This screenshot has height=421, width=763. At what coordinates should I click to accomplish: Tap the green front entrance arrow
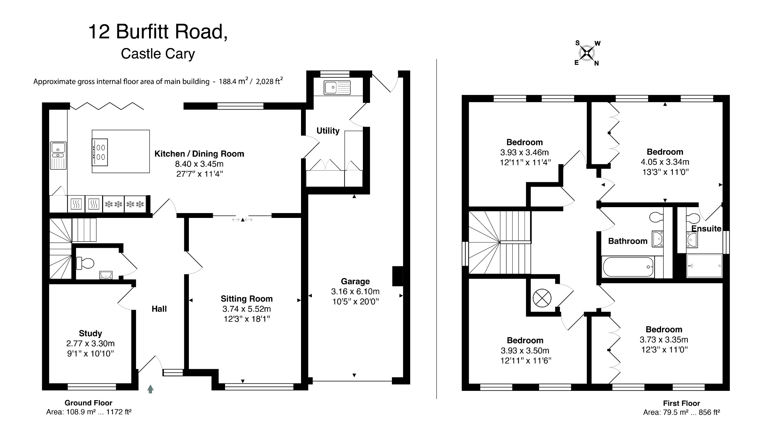click(x=150, y=389)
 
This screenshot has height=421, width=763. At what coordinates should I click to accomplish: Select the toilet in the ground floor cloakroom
click(x=85, y=263)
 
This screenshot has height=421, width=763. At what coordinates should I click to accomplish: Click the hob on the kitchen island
click(x=100, y=152)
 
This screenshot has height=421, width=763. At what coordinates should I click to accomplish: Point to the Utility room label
click(x=328, y=131)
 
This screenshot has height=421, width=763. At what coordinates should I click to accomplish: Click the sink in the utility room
click(x=337, y=88)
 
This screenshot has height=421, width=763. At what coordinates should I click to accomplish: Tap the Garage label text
click(x=355, y=282)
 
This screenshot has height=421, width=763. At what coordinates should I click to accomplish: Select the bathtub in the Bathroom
click(x=628, y=267)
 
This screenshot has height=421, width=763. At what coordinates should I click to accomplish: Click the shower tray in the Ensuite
click(x=704, y=266)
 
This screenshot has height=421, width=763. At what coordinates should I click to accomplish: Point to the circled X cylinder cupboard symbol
click(x=542, y=298)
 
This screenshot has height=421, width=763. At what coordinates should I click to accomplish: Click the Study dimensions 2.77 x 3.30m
click(x=90, y=344)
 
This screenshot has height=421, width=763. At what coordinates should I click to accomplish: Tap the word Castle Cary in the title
click(x=158, y=54)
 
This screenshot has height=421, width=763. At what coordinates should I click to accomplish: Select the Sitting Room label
click(x=246, y=299)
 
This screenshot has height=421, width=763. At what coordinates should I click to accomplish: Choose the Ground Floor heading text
click(x=88, y=403)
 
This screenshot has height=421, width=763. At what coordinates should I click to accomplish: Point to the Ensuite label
click(x=706, y=229)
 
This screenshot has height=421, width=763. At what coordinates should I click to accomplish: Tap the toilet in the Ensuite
click(x=693, y=217)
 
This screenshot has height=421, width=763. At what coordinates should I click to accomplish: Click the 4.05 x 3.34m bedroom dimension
click(x=665, y=162)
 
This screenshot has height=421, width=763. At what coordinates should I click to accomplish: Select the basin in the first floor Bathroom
click(x=658, y=238)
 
